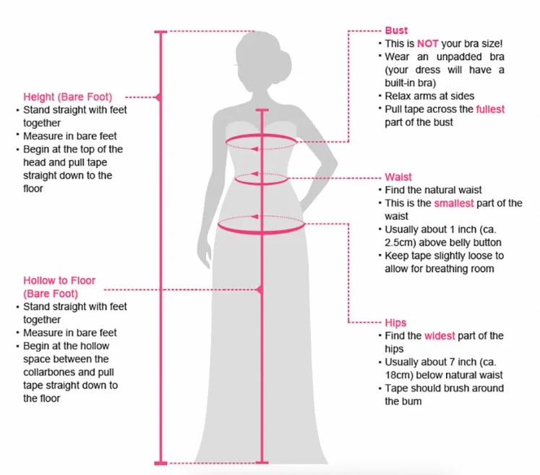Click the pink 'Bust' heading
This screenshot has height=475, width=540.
(396, 30)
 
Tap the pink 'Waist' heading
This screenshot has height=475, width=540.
(398, 177)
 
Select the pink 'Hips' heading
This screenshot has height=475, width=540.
(395, 322)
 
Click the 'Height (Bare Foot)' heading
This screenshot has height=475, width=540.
(68, 96)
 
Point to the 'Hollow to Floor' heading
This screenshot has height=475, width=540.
(59, 280)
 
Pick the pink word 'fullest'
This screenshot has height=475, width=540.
(490, 109)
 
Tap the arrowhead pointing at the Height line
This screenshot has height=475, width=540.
(159, 96)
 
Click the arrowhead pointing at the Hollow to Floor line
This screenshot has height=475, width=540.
(260, 290)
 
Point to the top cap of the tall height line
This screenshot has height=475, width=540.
(161, 32)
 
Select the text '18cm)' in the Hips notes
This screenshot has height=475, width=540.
(400, 375)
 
